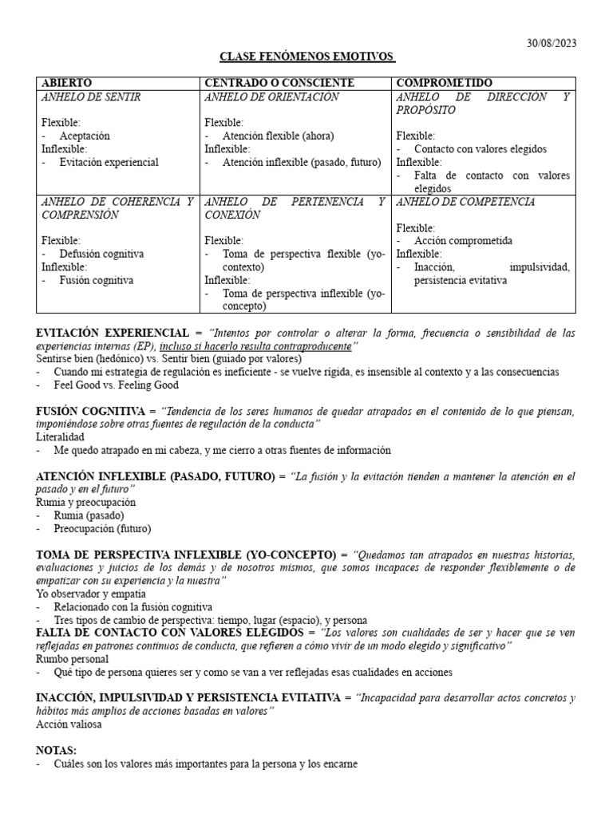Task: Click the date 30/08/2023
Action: pyautogui.click(x=550, y=43)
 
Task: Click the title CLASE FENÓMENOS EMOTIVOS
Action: pyautogui.click(x=307, y=57)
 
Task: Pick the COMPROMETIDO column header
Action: pyautogui.click(x=445, y=83)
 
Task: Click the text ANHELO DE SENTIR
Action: pyautogui.click(x=91, y=97)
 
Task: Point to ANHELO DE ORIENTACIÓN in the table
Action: pyautogui.click(x=271, y=97)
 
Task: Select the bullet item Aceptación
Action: pyautogui.click(x=85, y=136)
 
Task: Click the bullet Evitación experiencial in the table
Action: pyautogui.click(x=109, y=162)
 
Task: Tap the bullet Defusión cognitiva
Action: pyautogui.click(x=101, y=254)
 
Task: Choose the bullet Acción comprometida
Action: pyautogui.click(x=463, y=241)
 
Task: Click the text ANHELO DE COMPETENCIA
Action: pyautogui.click(x=465, y=202)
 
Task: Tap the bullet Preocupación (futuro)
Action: pyautogui.click(x=102, y=529)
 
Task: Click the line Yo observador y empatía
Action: pyautogui.click(x=91, y=594)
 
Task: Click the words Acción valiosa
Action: pyautogui.click(x=69, y=724)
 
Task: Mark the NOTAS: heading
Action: pyautogui.click(x=57, y=751)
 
